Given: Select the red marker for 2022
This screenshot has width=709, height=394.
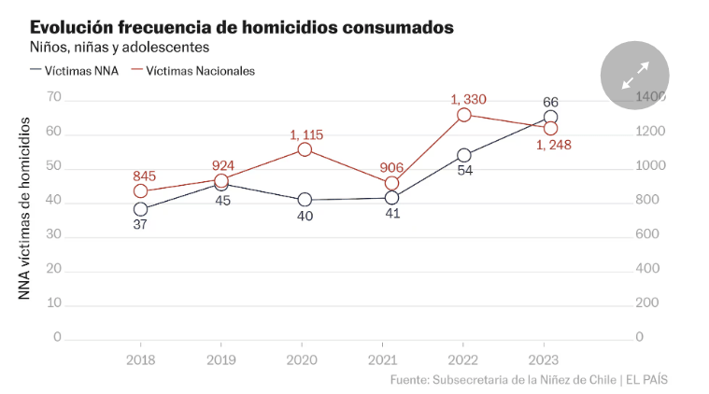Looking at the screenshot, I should pos(464,115).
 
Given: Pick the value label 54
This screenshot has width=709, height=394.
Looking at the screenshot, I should pos(464,171).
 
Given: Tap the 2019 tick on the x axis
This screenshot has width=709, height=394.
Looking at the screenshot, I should pos(221,359).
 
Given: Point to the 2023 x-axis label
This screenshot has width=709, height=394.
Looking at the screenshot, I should pos(544,359).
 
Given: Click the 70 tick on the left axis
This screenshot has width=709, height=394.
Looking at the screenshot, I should pos(53,97).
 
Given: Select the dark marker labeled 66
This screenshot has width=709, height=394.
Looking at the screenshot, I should pos(550,118).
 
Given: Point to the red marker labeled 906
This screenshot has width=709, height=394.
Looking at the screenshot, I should pos(391,183).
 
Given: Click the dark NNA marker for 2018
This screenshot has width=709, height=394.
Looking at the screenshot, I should pos(141,209).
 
